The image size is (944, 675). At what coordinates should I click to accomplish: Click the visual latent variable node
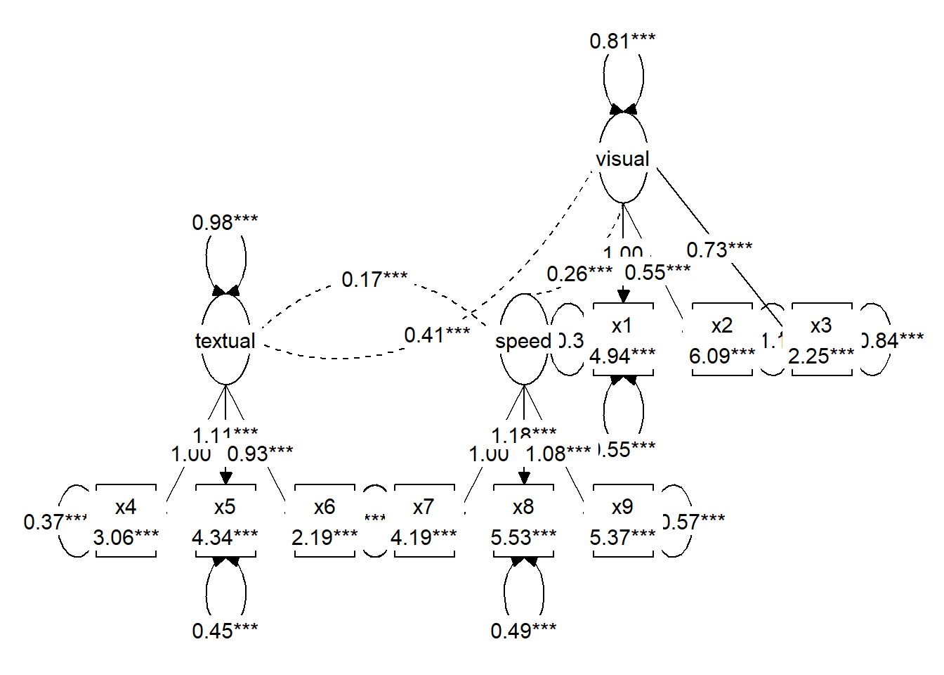(623, 159)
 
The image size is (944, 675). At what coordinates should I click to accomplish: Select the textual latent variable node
(225, 340)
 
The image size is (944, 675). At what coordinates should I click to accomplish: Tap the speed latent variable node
(523, 340)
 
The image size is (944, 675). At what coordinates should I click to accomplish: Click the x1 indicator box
(623, 340)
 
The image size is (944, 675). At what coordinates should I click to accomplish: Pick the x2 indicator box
(722, 340)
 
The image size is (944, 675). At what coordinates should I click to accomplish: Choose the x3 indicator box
(822, 340)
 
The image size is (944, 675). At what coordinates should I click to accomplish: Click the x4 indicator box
(126, 521)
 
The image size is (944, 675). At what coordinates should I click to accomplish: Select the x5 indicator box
(225, 521)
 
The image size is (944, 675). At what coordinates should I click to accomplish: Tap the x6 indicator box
(324, 521)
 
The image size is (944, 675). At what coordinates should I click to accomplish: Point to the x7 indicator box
(424, 521)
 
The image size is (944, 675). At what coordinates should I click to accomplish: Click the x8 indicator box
(523, 521)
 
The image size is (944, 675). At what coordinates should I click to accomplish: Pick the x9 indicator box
(623, 521)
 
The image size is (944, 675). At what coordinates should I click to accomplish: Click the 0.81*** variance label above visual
(622, 41)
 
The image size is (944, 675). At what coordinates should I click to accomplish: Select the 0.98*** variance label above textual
(225, 222)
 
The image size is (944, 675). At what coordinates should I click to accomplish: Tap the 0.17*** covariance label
(374, 279)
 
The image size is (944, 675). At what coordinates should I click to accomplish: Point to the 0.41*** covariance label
(437, 335)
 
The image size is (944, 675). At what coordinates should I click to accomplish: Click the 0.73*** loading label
(719, 250)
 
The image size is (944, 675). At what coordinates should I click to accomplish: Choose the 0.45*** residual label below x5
(225, 631)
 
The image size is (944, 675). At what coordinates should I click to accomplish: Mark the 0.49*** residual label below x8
(523, 631)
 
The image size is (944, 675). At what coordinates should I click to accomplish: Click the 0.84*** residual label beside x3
(893, 340)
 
